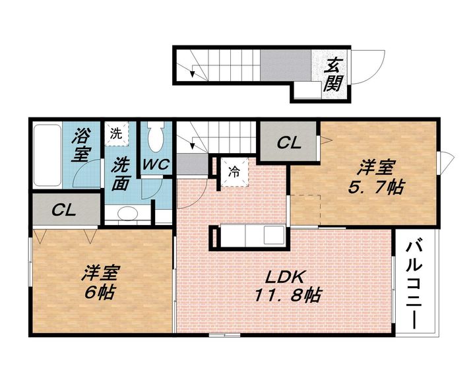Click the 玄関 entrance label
333,74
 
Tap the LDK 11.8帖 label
287,286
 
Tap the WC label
156,164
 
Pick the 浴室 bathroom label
80,145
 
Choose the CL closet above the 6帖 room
64,210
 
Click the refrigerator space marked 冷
234,172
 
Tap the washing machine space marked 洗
116,133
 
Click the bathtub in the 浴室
47,155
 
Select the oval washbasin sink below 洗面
127,213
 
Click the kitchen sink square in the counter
274,236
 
